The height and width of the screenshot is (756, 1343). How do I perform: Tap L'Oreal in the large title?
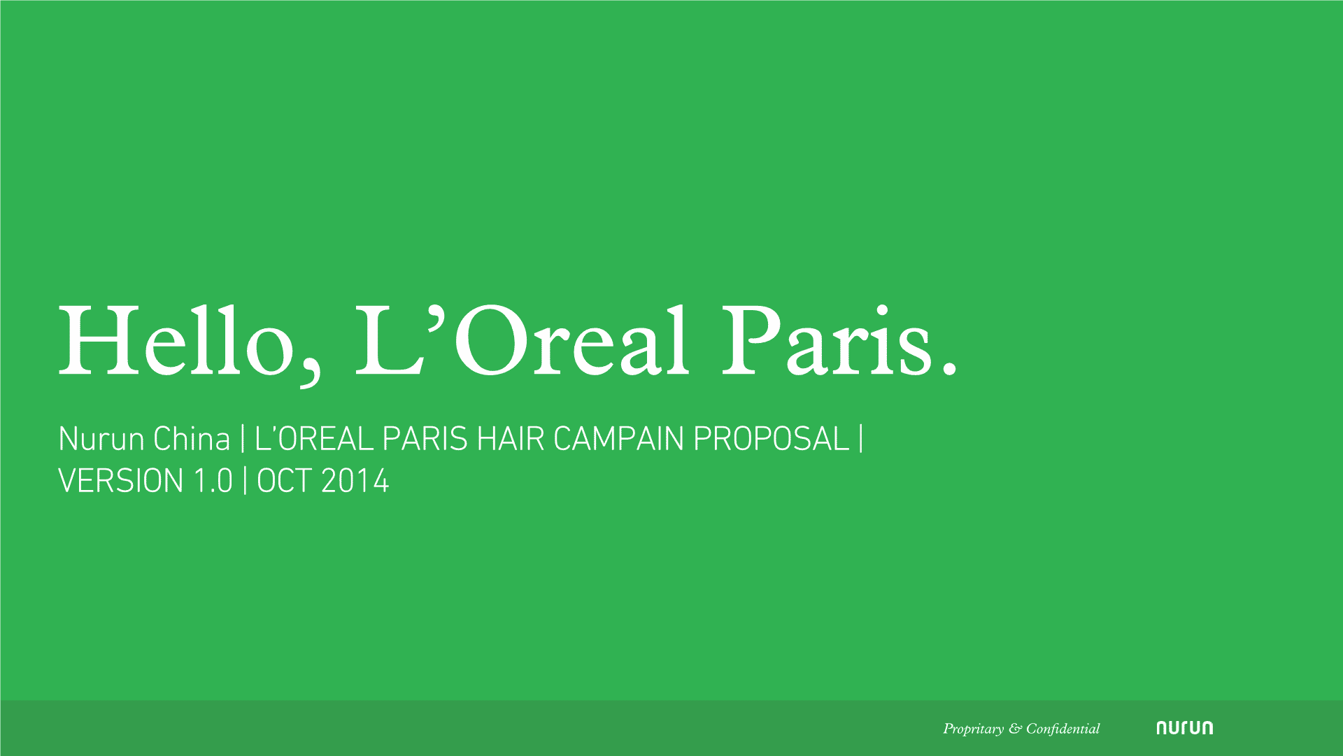click(521, 341)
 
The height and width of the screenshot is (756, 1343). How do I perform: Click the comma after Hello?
click(308, 371)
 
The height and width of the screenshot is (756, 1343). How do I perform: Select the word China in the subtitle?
click(192, 440)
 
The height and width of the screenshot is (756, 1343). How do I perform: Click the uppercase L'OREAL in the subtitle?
click(313, 440)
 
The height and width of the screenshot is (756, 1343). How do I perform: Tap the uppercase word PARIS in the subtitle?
click(425, 440)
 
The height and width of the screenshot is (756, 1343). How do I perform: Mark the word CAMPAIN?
click(618, 440)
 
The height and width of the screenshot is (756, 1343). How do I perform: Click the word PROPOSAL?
click(771, 440)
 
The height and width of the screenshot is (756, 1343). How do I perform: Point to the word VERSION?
click(120, 482)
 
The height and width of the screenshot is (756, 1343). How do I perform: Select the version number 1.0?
click(213, 482)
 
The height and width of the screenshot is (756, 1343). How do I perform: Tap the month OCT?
click(283, 482)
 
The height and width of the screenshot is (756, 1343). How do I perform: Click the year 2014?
click(355, 482)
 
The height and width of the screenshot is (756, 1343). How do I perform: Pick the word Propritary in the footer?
click(973, 729)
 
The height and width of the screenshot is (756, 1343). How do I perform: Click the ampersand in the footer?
click(1015, 729)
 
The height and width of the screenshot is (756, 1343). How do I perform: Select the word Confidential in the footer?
click(1063, 729)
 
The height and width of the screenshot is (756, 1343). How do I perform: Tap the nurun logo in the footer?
click(1184, 728)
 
